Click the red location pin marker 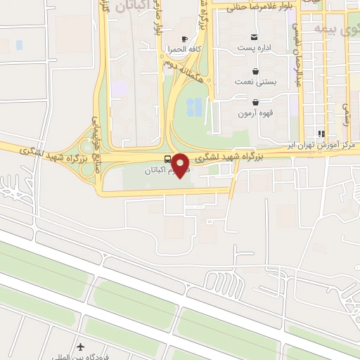point(182,165)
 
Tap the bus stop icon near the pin point(167,158)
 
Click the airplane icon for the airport point(81,347)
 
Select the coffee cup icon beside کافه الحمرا point(184,39)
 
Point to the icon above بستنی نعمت point(255,71)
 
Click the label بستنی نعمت point(255,82)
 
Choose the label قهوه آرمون point(255,113)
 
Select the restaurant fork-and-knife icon point(321,134)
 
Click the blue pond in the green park point(195,108)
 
